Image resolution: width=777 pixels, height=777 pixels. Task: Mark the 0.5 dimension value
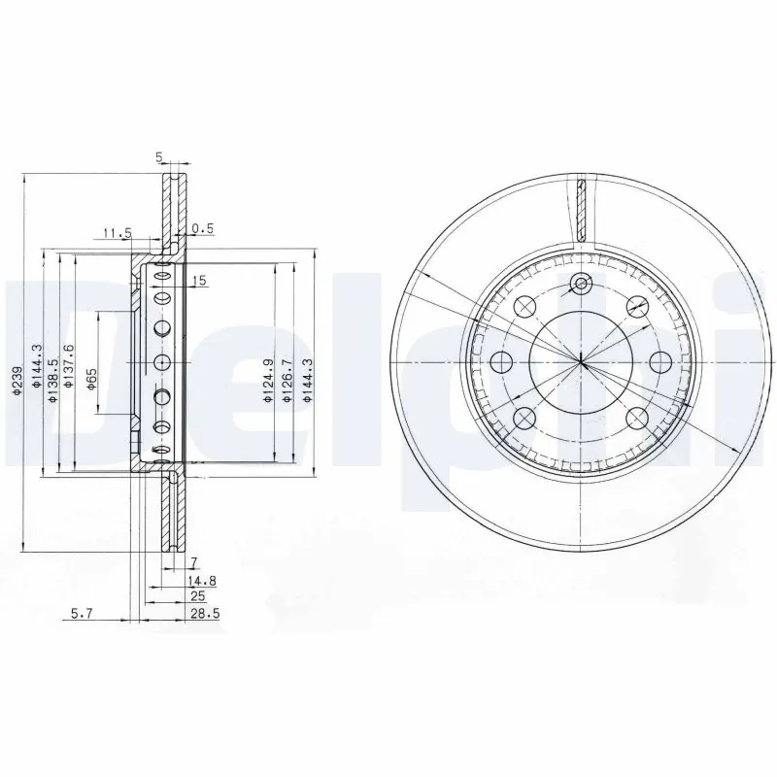[201, 229]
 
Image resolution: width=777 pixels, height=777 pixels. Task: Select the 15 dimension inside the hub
[200, 281]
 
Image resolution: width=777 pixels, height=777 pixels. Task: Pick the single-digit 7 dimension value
[194, 562]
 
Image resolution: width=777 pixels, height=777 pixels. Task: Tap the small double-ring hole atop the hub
[581, 284]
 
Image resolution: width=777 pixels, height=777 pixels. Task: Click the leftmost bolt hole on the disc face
[501, 362]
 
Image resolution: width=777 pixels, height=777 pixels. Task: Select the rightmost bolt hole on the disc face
[660, 362]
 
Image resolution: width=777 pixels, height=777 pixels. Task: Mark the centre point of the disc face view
[581, 362]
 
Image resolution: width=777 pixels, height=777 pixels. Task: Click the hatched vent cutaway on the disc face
[581, 209]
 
